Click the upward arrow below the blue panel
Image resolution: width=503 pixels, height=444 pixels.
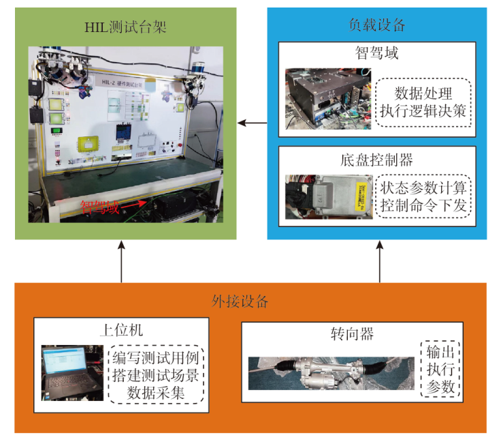click(378, 263)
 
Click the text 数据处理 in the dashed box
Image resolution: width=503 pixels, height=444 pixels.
click(423, 91)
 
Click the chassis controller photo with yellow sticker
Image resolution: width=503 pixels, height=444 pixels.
click(329, 197)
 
